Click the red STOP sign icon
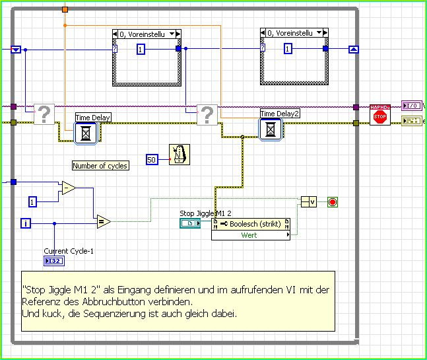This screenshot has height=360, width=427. pos(379,116)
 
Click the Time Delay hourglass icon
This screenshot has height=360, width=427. pos(86,133)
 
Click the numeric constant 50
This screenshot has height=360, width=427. pos(152,160)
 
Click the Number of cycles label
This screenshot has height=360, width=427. pos(100,166)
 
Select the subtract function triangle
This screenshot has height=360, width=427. pos(68,188)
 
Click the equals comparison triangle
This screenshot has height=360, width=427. pos(103,221)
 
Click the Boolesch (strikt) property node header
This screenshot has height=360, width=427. pos(250,224)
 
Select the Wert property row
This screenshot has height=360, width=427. pos(249,235)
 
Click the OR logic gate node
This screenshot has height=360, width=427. pos(310,201)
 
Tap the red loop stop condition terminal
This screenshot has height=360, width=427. pos(332,201)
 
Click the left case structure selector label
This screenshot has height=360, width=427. pos(145,33)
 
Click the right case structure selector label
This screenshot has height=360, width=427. pos(294,32)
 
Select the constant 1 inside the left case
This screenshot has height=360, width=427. pos(141,49)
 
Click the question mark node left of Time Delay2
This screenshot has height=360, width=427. pos(207,116)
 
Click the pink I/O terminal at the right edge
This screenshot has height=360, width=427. pos(411,106)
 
